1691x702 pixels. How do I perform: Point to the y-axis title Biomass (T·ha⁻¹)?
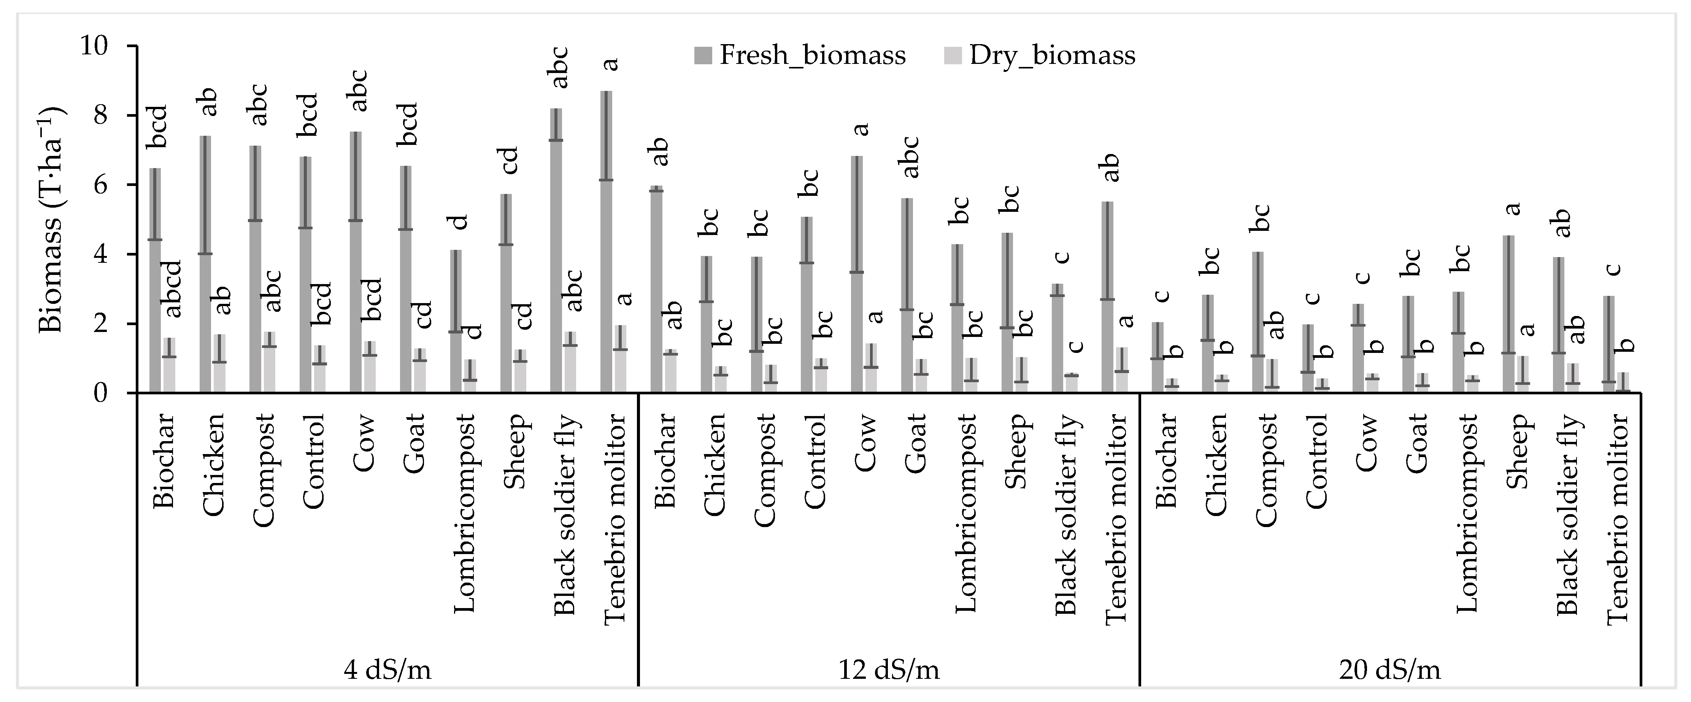click(x=51, y=220)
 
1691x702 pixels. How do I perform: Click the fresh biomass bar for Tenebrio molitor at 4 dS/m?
click(x=606, y=243)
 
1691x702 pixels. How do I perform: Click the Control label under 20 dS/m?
click(x=1316, y=461)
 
